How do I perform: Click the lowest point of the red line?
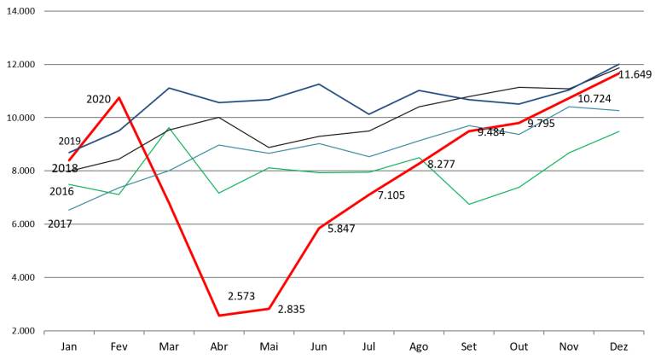(219, 316)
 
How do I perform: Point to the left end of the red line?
(69, 160)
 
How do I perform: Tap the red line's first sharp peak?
(119, 97)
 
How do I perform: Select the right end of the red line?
(619, 73)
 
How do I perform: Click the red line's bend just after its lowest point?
(269, 308)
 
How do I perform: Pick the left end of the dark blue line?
(69, 153)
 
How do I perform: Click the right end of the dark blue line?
(619, 64)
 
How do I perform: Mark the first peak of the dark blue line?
(169, 87)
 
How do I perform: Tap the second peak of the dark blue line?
(319, 84)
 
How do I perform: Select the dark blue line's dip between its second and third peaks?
(368, 113)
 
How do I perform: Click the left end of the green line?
(69, 184)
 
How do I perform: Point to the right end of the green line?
(619, 131)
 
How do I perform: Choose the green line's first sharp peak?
(169, 128)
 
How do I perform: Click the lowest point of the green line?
(469, 205)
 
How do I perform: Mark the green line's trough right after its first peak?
(219, 193)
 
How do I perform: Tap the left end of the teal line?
(69, 210)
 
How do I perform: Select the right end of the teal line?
(619, 111)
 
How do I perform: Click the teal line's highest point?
(569, 107)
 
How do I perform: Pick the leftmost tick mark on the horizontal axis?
(44, 334)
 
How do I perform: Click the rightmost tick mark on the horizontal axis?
(644, 334)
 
